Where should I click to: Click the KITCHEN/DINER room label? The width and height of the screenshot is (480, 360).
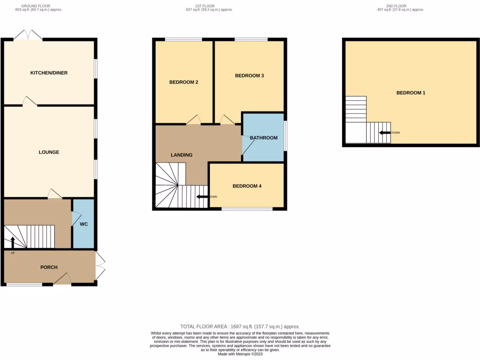(49, 73)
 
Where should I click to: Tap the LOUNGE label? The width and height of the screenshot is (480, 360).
(49, 152)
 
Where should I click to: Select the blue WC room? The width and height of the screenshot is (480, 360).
(83, 224)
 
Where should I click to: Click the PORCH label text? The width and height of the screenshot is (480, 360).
(49, 267)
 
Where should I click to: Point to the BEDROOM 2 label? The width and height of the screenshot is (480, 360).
(183, 82)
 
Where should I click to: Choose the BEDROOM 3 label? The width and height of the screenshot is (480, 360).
(249, 75)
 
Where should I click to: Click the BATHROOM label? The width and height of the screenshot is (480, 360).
(263, 138)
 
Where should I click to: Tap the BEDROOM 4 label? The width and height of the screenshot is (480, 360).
(247, 186)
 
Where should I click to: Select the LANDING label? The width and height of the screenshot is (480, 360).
(181, 155)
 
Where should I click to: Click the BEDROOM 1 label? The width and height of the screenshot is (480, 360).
(411, 93)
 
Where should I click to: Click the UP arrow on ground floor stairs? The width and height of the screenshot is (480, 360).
(12, 242)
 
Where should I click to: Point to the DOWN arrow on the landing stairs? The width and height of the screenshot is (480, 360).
(202, 197)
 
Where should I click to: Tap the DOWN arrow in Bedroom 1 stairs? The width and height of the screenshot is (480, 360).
(385, 133)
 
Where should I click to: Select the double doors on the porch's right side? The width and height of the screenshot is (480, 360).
(100, 266)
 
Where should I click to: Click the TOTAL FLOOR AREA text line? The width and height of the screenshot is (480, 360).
(240, 326)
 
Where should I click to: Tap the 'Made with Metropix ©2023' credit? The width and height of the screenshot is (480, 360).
(240, 354)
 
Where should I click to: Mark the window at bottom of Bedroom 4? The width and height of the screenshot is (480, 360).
(247, 209)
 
